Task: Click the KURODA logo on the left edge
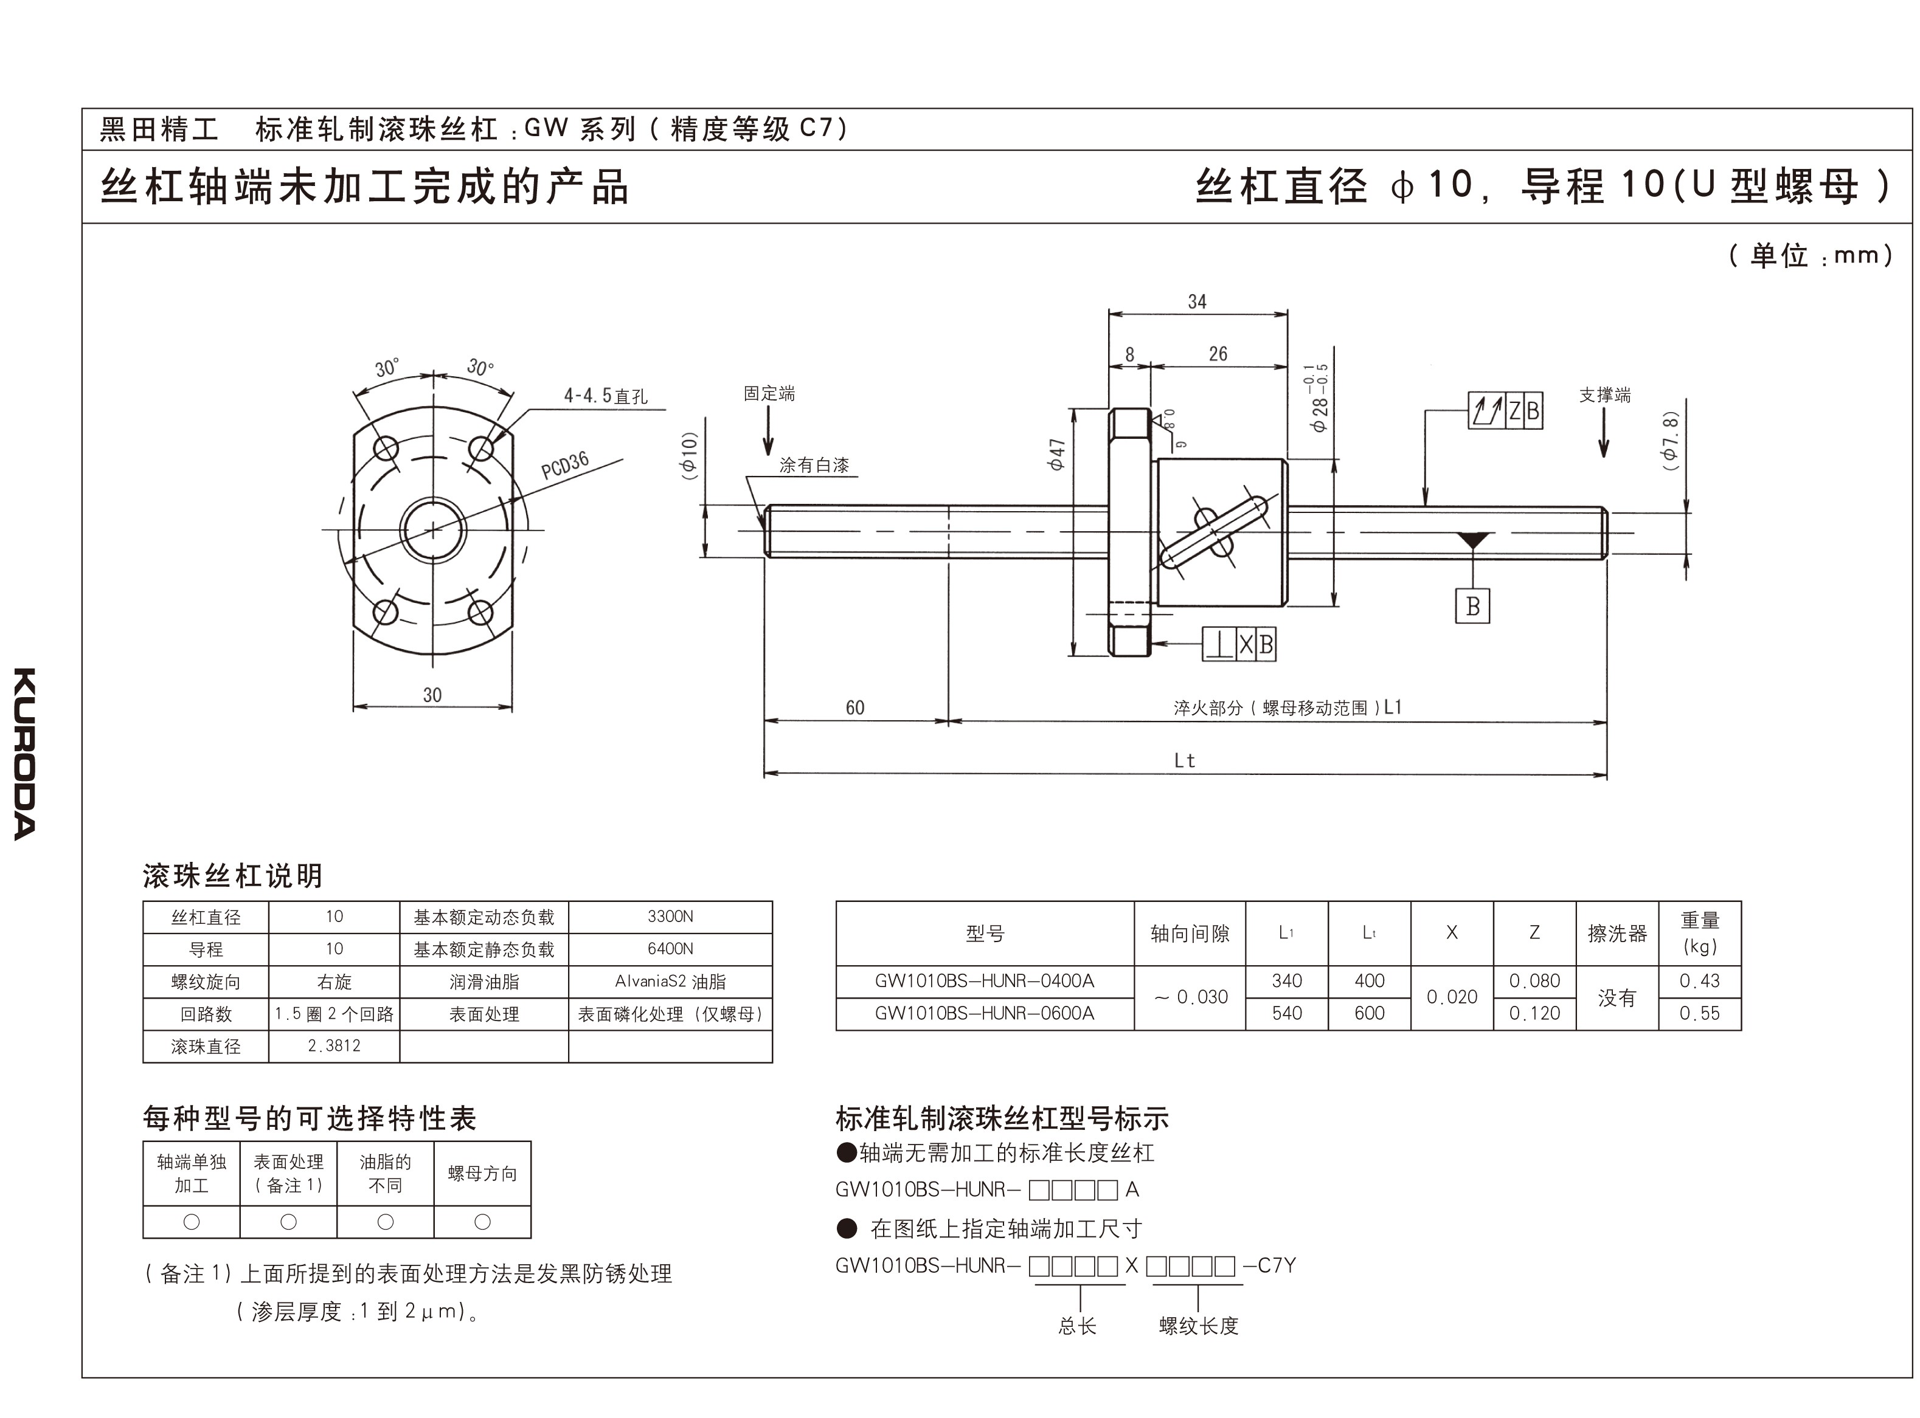click(x=25, y=753)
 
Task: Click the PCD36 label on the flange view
click(x=565, y=464)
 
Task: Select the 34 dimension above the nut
click(x=1197, y=302)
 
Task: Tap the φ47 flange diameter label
click(x=1057, y=454)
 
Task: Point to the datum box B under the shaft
click(x=1472, y=606)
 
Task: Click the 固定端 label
click(x=769, y=394)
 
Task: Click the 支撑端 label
click(x=1604, y=396)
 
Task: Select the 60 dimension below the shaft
click(x=854, y=708)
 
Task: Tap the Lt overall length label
click(x=1184, y=760)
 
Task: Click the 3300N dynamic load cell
click(x=670, y=917)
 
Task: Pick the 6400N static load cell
click(x=670, y=949)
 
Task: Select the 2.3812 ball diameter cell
click(x=334, y=1047)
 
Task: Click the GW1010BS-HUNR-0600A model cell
click(x=984, y=1014)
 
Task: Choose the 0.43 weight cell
click(x=1699, y=981)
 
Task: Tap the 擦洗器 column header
click(x=1617, y=933)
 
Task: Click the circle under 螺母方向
click(x=482, y=1222)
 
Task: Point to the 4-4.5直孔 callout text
click(x=605, y=396)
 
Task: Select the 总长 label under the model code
click(x=1078, y=1326)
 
